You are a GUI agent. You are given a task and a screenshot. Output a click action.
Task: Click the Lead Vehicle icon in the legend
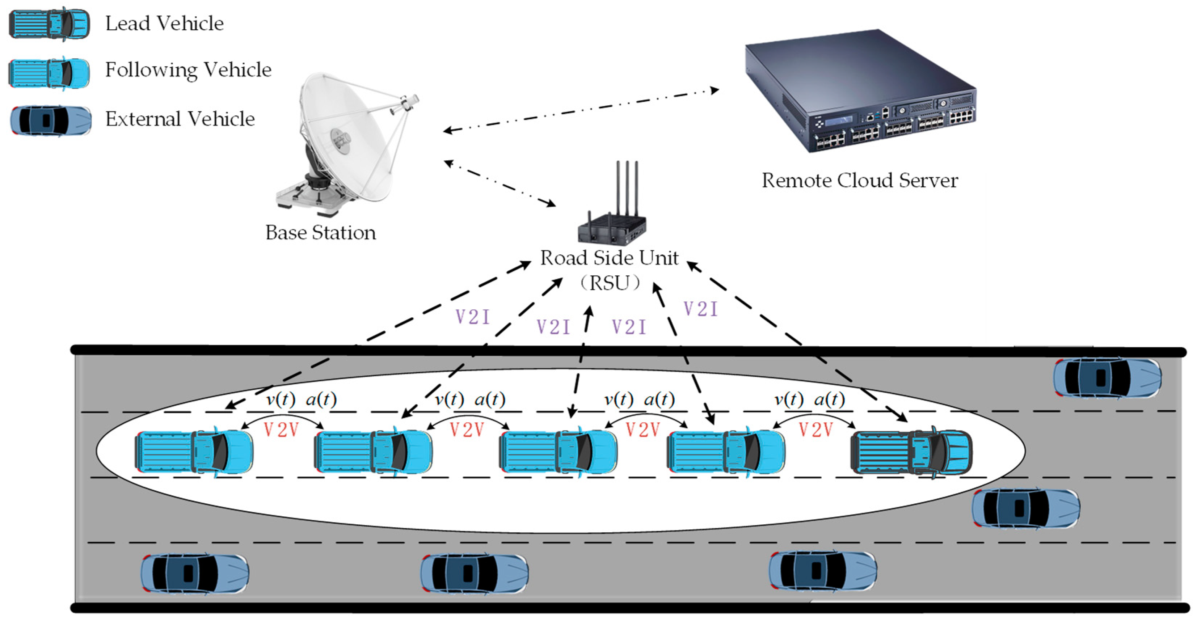pyautogui.click(x=49, y=24)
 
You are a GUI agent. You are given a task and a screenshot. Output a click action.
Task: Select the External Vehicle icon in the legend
pyautogui.click(x=51, y=121)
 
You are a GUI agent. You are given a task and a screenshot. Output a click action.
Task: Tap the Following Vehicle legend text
pyautogui.click(x=188, y=70)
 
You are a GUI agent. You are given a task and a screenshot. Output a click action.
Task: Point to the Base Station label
pyautogui.click(x=320, y=233)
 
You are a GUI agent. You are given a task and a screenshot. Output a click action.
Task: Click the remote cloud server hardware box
pyautogui.click(x=860, y=93)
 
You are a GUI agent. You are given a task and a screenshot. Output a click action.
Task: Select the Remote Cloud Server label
pyautogui.click(x=859, y=181)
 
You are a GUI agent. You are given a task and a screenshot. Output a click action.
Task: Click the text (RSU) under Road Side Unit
pyautogui.click(x=610, y=283)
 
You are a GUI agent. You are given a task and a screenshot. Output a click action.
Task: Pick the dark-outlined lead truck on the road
pyautogui.click(x=911, y=452)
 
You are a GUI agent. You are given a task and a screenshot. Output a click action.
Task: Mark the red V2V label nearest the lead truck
pyautogui.click(x=815, y=430)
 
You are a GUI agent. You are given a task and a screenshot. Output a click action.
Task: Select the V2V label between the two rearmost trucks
pyautogui.click(x=281, y=430)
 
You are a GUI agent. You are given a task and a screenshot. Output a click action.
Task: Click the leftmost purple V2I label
pyautogui.click(x=473, y=317)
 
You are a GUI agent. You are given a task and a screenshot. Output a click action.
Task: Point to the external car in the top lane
pyautogui.click(x=1107, y=377)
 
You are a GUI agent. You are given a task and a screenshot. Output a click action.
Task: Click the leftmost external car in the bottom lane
pyautogui.click(x=195, y=574)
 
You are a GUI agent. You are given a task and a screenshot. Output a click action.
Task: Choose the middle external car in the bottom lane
pyautogui.click(x=475, y=574)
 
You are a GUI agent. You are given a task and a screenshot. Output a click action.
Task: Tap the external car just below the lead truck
pyautogui.click(x=1025, y=508)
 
